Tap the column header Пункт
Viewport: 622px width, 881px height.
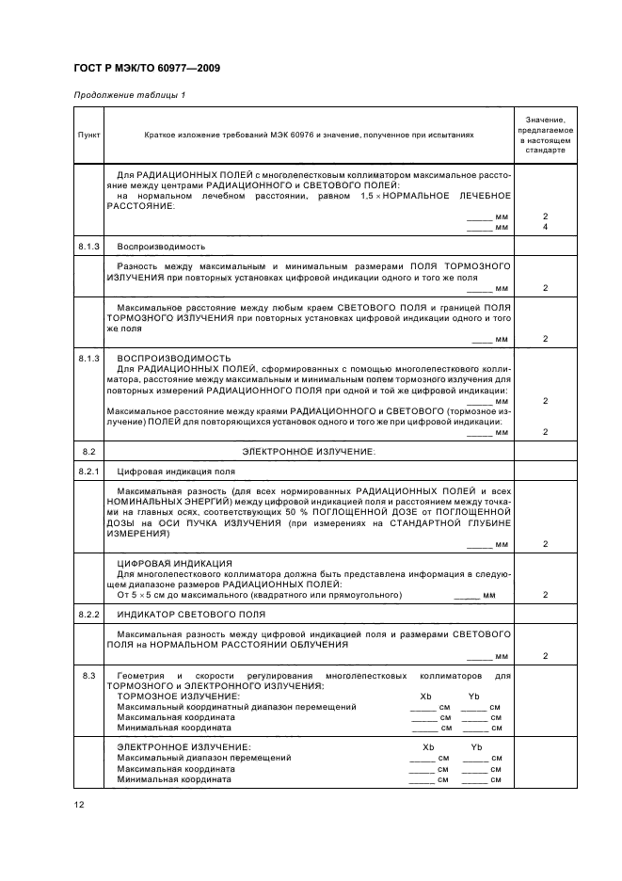point(88,135)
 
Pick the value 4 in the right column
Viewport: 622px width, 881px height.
point(545,228)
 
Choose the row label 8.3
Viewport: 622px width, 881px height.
point(88,676)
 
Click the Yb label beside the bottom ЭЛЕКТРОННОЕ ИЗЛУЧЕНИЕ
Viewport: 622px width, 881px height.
point(476,746)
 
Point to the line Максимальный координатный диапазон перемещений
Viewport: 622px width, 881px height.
point(236,706)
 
